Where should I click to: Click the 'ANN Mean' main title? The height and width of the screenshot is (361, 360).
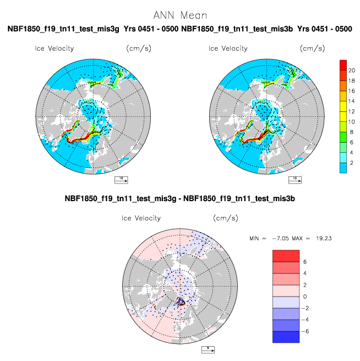coord(180,15)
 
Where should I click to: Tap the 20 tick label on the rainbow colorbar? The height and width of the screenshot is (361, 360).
coord(352,71)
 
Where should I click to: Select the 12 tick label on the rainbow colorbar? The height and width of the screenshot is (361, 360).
coord(352,111)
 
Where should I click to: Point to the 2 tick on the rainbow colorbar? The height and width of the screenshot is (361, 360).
coord(352,163)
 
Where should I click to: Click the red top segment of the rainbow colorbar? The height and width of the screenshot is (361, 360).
coord(343,65)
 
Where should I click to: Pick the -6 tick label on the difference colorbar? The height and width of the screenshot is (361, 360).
coord(306,331)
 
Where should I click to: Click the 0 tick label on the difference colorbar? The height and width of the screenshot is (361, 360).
coord(305,297)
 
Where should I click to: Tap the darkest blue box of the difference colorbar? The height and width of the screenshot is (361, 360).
coord(286,337)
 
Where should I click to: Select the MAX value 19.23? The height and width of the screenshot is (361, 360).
coord(324,238)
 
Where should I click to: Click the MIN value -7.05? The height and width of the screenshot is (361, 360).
coord(281,238)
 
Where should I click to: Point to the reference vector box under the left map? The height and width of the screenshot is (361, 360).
coord(121,180)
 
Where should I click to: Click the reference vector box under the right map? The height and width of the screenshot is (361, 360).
coord(295,180)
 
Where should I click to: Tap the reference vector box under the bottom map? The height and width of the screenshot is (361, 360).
coord(208,350)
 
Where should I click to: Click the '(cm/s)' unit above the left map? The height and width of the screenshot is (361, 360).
coord(139,49)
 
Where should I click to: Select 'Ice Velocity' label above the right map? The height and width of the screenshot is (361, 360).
coord(228,49)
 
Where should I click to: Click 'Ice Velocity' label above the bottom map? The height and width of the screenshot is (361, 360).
coord(141,218)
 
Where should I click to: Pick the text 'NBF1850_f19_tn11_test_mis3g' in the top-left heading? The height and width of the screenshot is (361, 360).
coord(63,29)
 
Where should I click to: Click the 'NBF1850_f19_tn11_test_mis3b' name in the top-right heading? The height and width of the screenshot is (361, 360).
coord(237,29)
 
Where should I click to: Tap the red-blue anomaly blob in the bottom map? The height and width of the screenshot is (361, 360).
coord(180,301)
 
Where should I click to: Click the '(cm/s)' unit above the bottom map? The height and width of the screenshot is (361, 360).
coord(226,218)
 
